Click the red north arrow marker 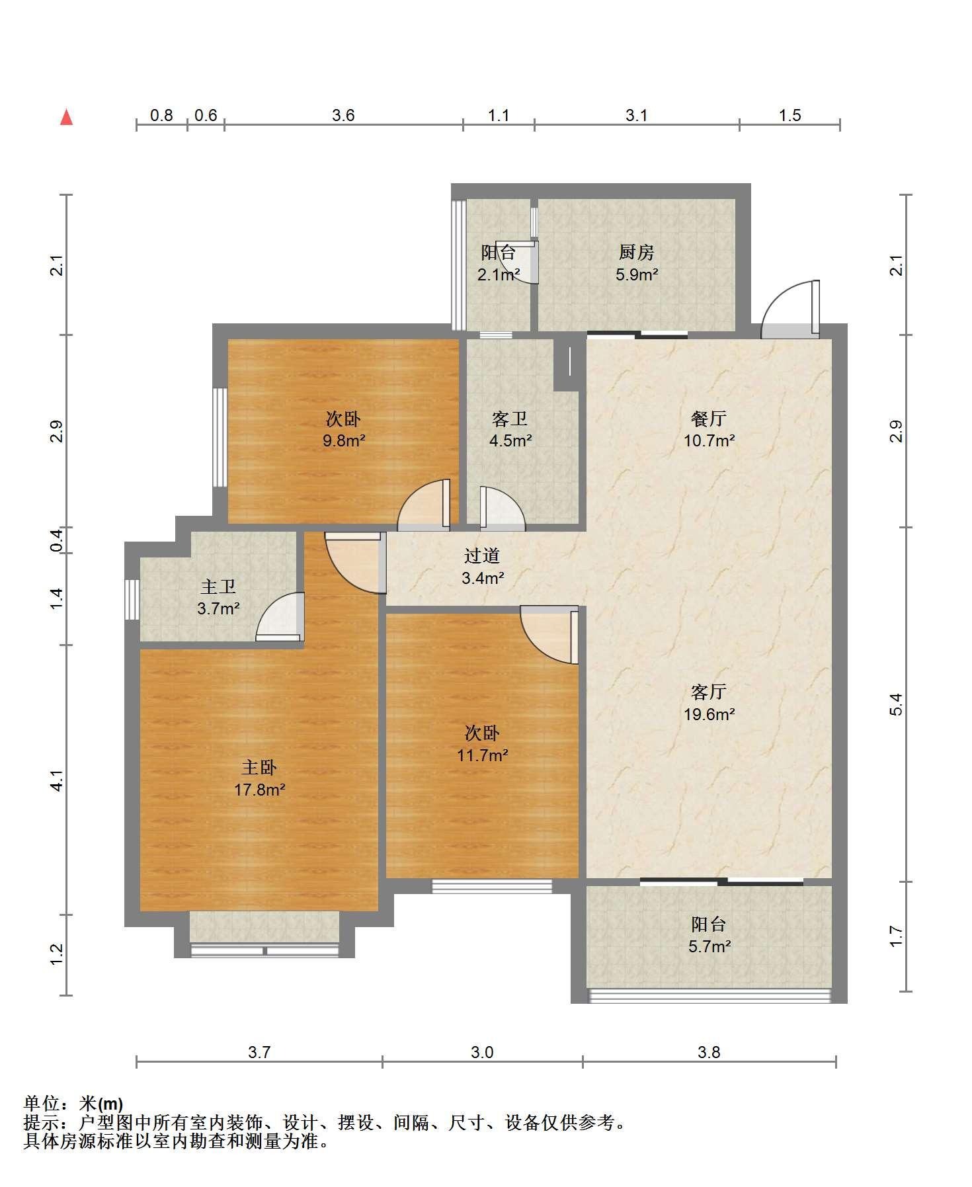pyautogui.click(x=66, y=118)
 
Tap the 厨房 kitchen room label pyautogui.click(x=636, y=252)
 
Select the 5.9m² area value pyautogui.click(x=637, y=274)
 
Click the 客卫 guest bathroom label pyautogui.click(x=510, y=419)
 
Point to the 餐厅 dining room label pyautogui.click(x=709, y=418)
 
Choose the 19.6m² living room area pyautogui.click(x=709, y=714)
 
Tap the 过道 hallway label pyautogui.click(x=482, y=557)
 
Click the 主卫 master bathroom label pyautogui.click(x=218, y=587)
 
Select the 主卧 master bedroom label pyautogui.click(x=259, y=767)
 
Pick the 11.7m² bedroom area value pyautogui.click(x=482, y=755)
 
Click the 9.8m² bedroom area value pyautogui.click(x=344, y=440)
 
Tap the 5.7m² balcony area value pyautogui.click(x=709, y=946)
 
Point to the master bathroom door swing pyautogui.click(x=279, y=616)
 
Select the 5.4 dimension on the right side pyautogui.click(x=896, y=704)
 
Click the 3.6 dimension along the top pyautogui.click(x=343, y=116)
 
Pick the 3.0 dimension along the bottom pyautogui.click(x=482, y=1052)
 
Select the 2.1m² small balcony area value pyautogui.click(x=499, y=274)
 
